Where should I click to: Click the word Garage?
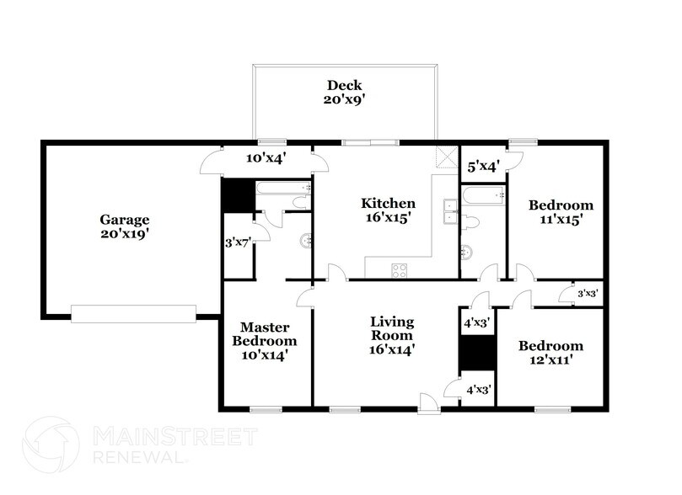point(121,219)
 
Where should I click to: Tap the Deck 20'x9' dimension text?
point(344,98)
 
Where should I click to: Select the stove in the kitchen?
point(400,269)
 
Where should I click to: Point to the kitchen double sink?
point(449,211)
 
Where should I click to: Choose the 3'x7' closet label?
point(239,243)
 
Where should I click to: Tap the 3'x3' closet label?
point(587,293)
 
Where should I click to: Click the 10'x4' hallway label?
point(263,157)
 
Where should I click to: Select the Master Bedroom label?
point(267,341)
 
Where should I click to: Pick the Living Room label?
point(391,334)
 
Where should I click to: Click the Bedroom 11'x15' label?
point(560,211)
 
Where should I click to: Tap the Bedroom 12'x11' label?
point(550,353)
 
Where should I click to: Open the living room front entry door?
point(429,408)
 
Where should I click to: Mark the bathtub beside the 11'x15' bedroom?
point(483,195)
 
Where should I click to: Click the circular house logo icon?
point(51,446)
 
